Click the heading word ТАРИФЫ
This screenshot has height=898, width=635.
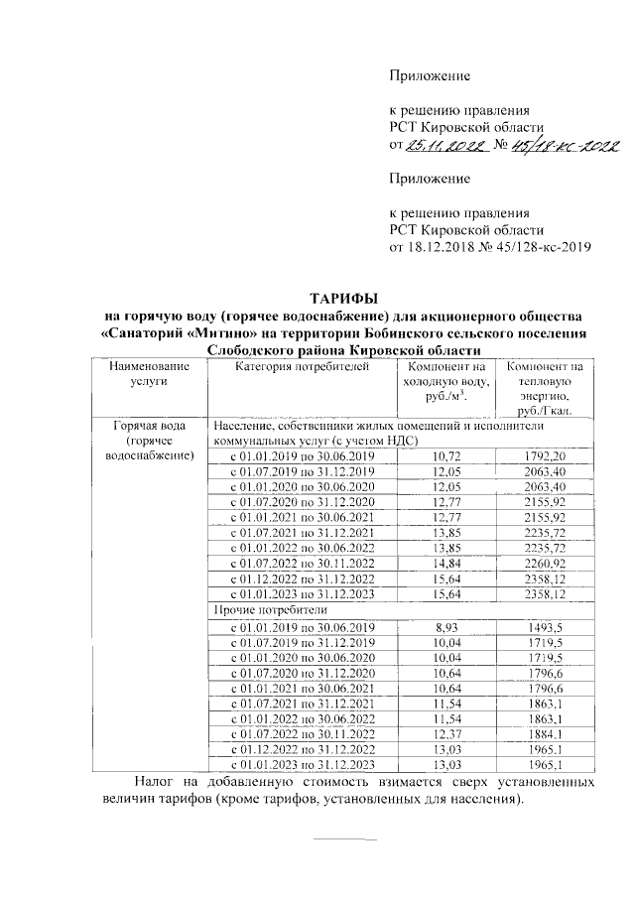pos(343,297)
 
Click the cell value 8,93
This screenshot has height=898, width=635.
pos(448,627)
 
